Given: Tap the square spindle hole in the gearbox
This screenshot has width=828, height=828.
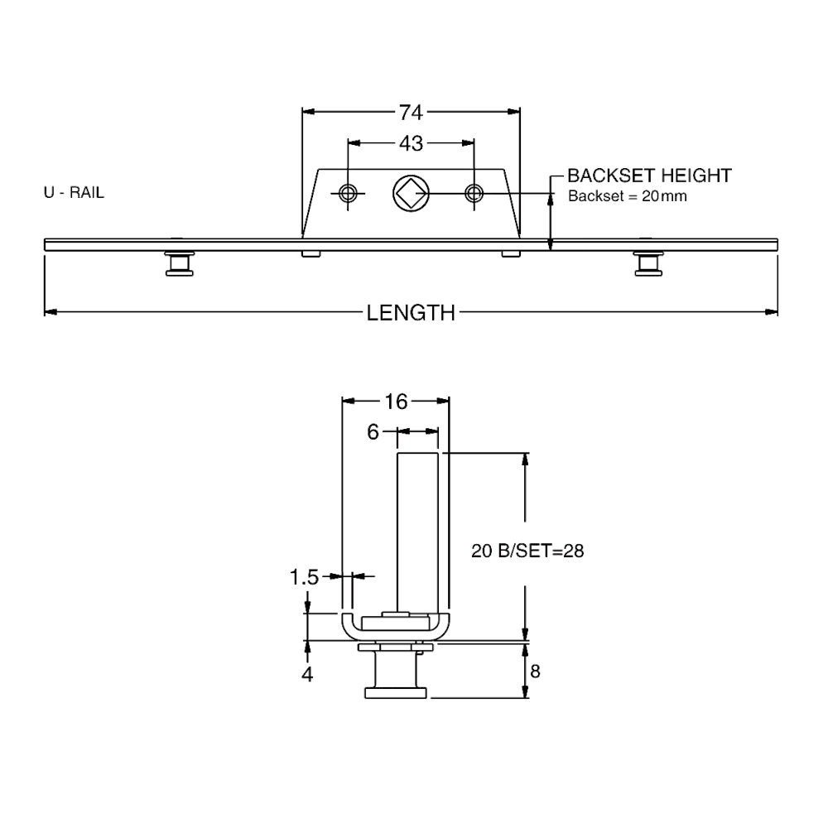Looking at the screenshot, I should tap(410, 193).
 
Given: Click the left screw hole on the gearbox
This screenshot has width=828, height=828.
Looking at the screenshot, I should tap(347, 194).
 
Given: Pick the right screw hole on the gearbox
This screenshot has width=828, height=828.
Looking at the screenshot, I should tap(474, 194).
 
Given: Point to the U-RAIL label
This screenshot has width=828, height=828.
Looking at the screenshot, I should tap(74, 193).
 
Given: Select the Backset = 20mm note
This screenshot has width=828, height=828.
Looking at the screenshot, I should tap(626, 197).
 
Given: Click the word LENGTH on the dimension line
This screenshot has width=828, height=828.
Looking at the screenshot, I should tap(412, 312).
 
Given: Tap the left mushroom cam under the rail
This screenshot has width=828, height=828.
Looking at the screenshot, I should tap(176, 262).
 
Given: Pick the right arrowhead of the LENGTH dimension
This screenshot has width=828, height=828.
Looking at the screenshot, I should tap(772, 312).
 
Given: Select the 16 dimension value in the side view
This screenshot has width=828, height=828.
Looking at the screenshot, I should tap(397, 402).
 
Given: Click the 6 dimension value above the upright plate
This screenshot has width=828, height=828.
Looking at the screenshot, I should tap(373, 431).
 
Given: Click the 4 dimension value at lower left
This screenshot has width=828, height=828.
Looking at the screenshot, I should tap(307, 674).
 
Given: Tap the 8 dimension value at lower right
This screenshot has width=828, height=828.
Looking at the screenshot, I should tap(535, 671).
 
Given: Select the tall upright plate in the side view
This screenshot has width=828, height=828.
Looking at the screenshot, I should tap(418, 530).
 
